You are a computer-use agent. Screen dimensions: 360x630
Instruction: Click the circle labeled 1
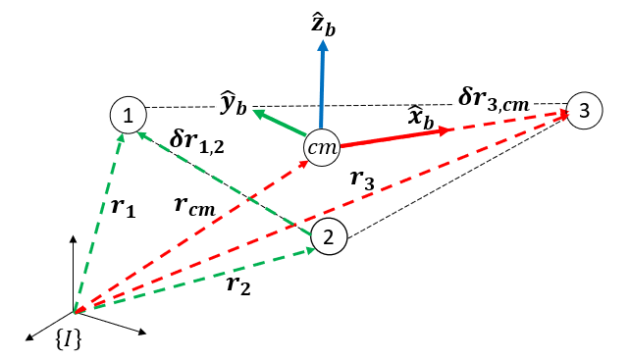(128, 116)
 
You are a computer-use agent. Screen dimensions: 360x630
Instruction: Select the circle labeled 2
(329, 235)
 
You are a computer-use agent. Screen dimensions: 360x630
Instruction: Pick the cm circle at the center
(321, 146)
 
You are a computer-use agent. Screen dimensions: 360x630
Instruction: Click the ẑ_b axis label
(321, 21)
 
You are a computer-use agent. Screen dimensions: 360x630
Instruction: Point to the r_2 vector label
(238, 284)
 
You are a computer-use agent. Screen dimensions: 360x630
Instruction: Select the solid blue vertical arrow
(321, 88)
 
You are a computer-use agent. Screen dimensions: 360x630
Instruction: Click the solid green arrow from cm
(279, 124)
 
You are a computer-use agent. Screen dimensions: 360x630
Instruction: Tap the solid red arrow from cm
(393, 136)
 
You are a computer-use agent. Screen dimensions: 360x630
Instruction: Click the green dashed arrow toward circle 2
(196, 280)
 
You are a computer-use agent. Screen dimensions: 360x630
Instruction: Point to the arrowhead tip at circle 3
(568, 113)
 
